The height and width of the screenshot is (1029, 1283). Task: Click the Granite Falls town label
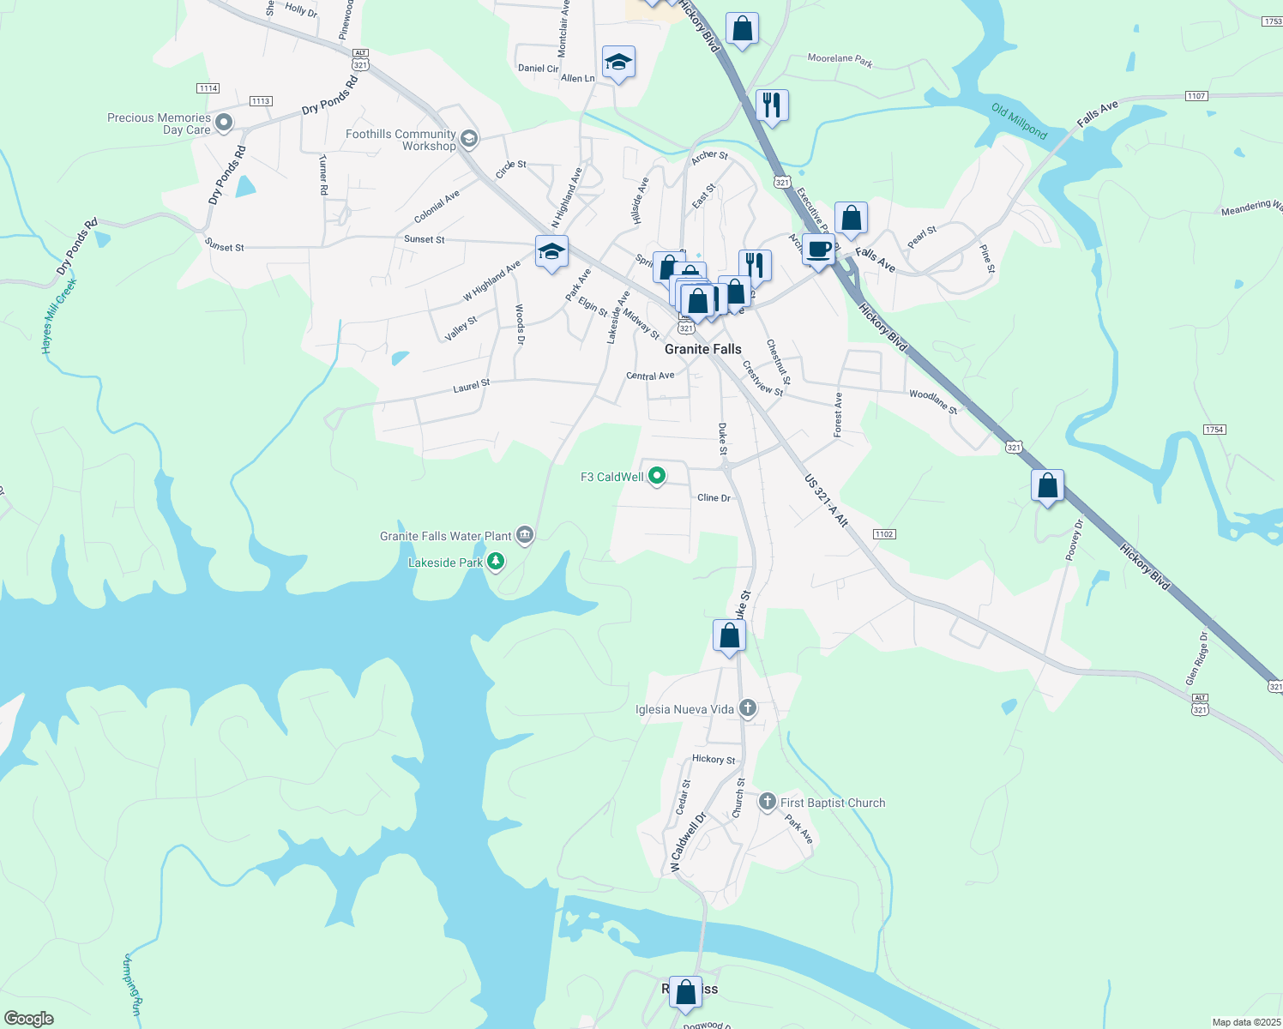click(702, 349)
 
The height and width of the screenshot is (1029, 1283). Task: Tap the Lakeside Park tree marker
click(496, 562)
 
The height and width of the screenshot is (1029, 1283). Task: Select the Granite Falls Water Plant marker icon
click(525, 536)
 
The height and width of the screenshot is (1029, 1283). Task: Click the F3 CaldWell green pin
click(657, 475)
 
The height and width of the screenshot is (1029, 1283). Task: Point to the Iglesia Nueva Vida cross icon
click(748, 708)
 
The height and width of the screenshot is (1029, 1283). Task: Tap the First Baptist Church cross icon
click(768, 803)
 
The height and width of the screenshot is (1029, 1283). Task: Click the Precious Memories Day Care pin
click(224, 123)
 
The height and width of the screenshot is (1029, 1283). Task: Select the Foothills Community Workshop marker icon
click(468, 138)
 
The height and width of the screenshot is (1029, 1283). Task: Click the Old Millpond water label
click(1019, 121)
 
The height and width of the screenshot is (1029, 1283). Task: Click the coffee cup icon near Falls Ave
click(818, 250)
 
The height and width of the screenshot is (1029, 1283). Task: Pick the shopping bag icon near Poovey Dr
click(1047, 485)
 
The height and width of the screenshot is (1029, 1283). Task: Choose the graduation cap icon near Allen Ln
click(618, 62)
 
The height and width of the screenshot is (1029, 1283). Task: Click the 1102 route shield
click(884, 534)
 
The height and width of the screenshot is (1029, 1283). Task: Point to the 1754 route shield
click(1214, 430)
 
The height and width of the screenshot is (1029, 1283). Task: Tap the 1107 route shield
click(1196, 96)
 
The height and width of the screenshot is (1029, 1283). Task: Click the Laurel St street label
click(472, 386)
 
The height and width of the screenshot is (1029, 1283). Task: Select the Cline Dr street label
click(714, 498)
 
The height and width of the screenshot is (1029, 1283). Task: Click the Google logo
click(29, 1019)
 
